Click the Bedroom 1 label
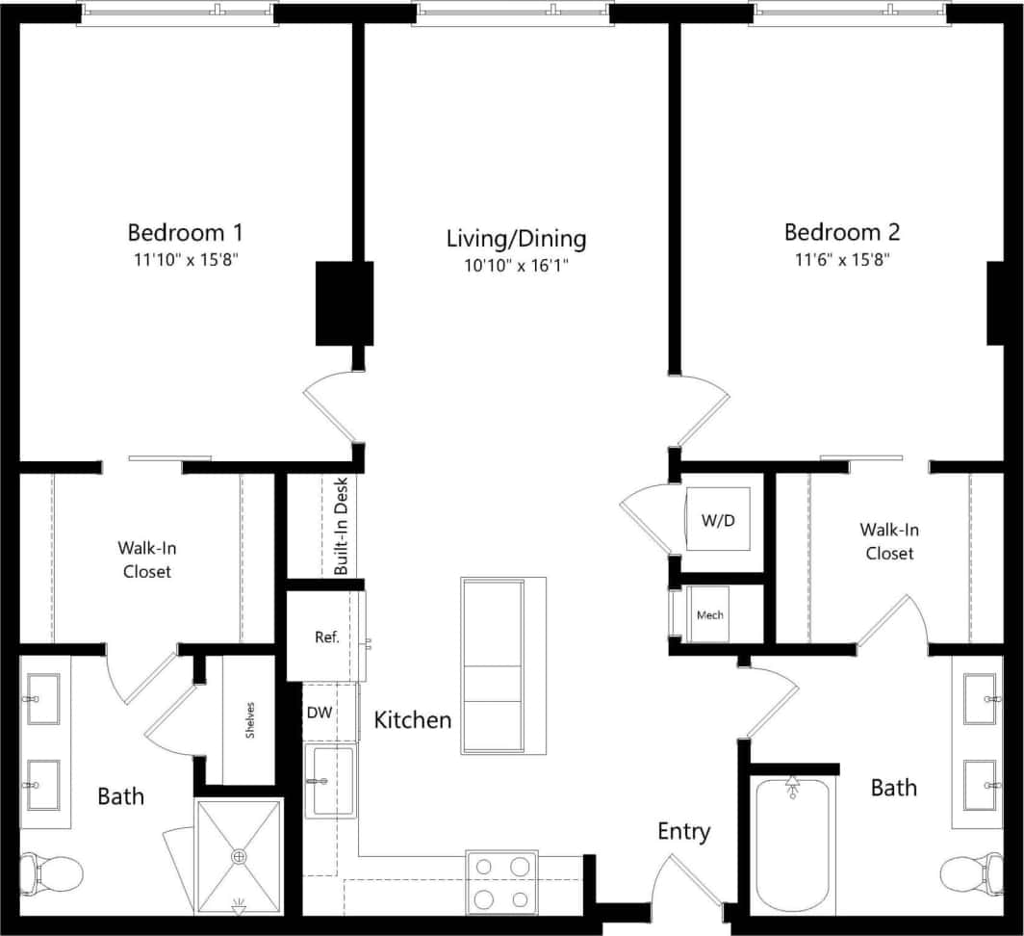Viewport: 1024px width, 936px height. point(185,232)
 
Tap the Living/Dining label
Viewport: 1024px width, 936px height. point(516,238)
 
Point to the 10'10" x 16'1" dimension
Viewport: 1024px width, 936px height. point(516,265)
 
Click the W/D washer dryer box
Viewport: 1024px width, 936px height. point(716,520)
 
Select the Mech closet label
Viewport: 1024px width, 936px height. point(710,615)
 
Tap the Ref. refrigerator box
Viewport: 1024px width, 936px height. point(324,637)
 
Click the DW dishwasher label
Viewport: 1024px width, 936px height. point(320,713)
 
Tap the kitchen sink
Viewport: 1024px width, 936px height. point(329,781)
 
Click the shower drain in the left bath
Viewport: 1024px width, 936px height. point(239,855)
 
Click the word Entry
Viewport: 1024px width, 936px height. point(683,831)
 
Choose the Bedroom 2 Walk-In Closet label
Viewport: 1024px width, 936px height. point(888,541)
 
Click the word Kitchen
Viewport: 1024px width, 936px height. point(412,719)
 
